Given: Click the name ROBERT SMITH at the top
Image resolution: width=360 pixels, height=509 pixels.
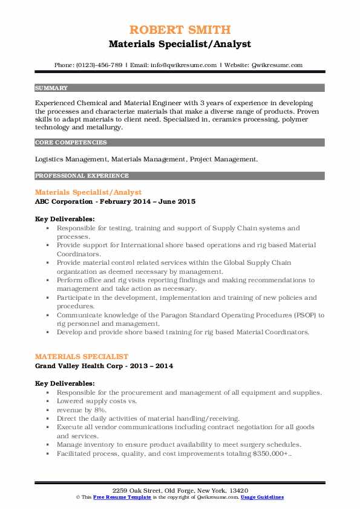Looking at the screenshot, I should (180, 30).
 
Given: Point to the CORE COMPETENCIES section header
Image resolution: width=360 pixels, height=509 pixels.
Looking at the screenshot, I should (71, 143).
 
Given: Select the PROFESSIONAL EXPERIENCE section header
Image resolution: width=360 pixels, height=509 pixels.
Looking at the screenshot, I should (81, 176).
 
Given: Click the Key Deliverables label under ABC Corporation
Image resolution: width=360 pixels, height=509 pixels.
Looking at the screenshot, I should (65, 219).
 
